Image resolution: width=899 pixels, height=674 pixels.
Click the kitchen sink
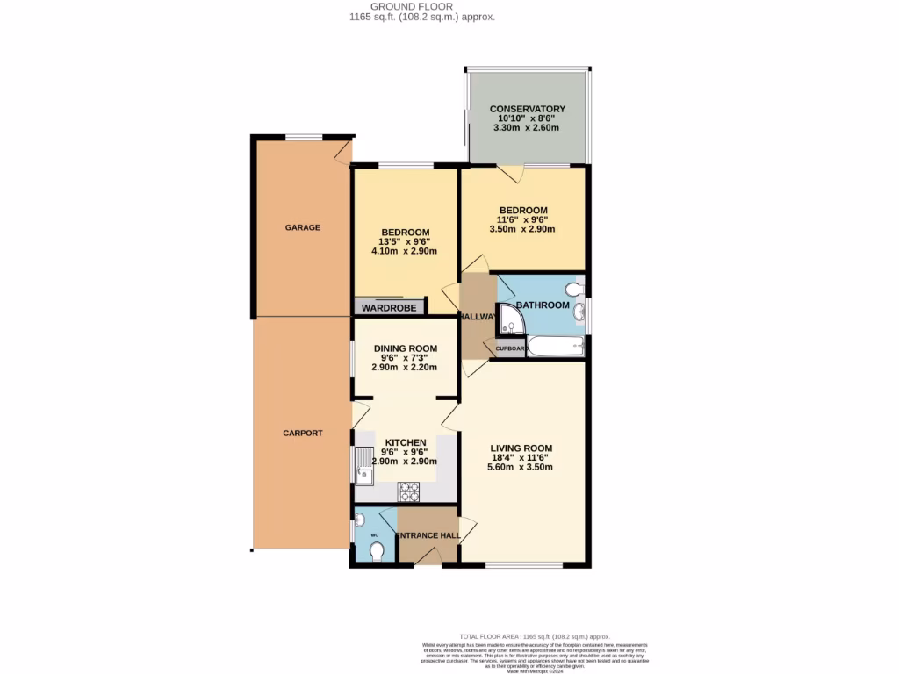pyautogui.click(x=364, y=465)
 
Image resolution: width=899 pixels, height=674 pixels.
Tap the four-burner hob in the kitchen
pyautogui.click(x=408, y=491)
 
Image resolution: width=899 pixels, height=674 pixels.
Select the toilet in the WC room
pyautogui.click(x=377, y=551)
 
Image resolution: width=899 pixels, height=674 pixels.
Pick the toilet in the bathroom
pyautogui.click(x=575, y=289)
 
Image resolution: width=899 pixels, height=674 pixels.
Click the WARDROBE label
pyautogui.click(x=389, y=308)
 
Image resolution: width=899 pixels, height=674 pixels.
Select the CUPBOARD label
pyautogui.click(x=511, y=348)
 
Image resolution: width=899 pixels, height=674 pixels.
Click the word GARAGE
pyautogui.click(x=302, y=227)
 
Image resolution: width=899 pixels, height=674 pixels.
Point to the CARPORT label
pyautogui.click(x=302, y=434)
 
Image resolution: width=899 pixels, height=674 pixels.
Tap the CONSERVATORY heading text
pyautogui.click(x=527, y=109)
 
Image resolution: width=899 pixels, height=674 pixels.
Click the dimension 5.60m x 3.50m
pyautogui.click(x=521, y=468)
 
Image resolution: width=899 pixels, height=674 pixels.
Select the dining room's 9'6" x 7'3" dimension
pyautogui.click(x=405, y=358)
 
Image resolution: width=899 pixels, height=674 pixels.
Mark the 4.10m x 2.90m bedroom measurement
pyautogui.click(x=405, y=252)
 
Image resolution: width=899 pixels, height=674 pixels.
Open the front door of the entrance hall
pyautogui.click(x=428, y=556)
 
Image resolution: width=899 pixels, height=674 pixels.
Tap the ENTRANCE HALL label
pyautogui.click(x=428, y=535)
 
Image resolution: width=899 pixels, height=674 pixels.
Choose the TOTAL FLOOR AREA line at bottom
pyautogui.click(x=534, y=636)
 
